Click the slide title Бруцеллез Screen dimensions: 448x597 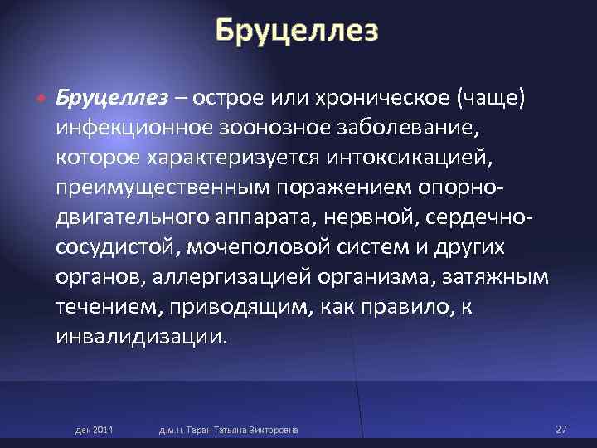(297, 32)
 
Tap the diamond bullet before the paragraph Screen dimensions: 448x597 (39, 98)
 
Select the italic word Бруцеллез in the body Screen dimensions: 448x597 (111, 98)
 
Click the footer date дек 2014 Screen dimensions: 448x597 (95, 429)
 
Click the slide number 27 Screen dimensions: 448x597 (561, 429)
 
